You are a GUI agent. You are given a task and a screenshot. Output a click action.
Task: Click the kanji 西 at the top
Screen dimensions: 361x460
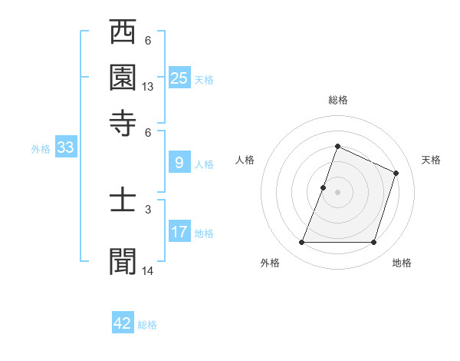point(123,33)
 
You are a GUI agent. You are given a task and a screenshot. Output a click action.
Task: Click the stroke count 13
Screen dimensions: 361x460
point(148,87)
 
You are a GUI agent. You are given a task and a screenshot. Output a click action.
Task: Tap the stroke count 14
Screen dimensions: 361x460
point(148,271)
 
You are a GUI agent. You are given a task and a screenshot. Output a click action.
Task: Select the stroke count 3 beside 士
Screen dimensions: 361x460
point(147,208)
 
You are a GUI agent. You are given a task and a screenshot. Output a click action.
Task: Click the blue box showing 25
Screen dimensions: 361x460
point(179,78)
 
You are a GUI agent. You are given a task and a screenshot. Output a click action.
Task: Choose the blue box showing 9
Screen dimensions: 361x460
point(179,162)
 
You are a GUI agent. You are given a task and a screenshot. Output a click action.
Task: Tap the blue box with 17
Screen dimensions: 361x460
point(179,231)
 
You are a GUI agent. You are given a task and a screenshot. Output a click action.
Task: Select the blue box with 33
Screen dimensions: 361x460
point(65,147)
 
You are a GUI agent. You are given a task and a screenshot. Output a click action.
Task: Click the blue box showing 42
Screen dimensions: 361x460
point(123,323)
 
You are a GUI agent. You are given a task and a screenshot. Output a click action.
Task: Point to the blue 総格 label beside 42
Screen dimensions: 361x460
point(147,325)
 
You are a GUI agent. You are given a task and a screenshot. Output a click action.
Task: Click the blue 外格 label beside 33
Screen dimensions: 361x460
point(41,149)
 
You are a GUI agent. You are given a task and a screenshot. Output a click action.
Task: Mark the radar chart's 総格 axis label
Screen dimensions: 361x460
point(338,101)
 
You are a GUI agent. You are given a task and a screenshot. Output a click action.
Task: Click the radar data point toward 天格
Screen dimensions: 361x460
point(396,173)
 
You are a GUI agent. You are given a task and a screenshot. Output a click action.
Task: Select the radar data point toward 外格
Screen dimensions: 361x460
point(301,242)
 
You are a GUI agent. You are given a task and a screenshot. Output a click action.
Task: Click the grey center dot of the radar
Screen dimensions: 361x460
point(337,192)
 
